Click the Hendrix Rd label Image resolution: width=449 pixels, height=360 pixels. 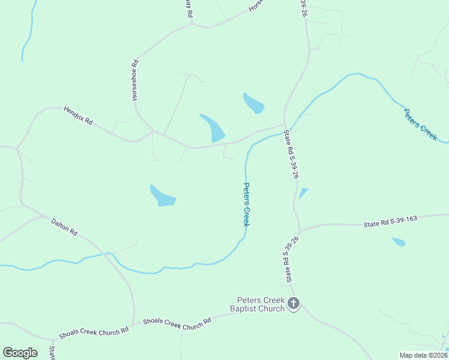tap(78, 116)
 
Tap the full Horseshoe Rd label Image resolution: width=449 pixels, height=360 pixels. tap(135, 79)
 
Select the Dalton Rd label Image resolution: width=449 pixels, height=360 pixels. tap(64, 227)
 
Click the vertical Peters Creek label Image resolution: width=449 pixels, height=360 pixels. tap(246, 205)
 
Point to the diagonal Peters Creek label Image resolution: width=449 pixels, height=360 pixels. tap(420, 125)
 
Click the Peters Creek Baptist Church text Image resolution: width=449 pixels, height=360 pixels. tap(261, 304)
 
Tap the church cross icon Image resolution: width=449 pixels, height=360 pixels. tap(294, 304)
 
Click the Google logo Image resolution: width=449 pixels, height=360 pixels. tap(20, 353)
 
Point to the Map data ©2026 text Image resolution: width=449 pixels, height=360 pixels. tap(423, 355)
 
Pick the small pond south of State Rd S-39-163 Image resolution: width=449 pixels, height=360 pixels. tap(399, 242)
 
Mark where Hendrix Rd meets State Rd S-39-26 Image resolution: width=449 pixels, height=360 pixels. tap(284, 125)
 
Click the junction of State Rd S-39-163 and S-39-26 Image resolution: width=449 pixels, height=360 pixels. tap(299, 230)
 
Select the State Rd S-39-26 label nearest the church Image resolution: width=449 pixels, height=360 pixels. tap(288, 260)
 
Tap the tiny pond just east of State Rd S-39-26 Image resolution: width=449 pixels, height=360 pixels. tap(303, 193)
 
